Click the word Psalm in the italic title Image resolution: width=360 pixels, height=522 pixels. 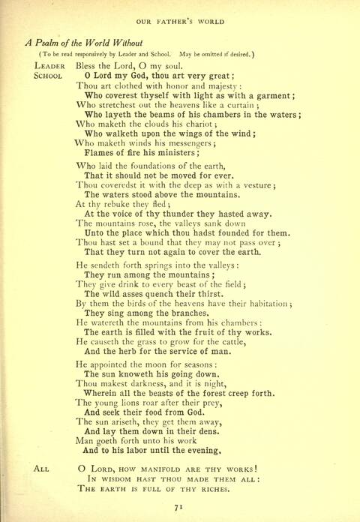52,42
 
